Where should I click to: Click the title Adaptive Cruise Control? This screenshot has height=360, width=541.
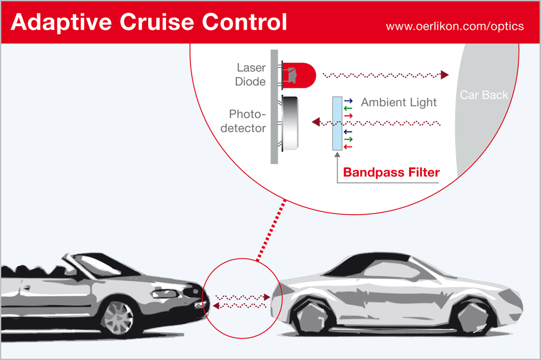[x=149, y=22]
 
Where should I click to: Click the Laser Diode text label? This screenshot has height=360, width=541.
[x=251, y=75]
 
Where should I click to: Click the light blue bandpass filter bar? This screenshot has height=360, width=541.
[x=338, y=124]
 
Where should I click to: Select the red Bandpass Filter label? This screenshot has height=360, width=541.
[x=391, y=173]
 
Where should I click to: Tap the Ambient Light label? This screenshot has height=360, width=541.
[x=399, y=102]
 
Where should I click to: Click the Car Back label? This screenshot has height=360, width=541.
[x=484, y=95]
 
